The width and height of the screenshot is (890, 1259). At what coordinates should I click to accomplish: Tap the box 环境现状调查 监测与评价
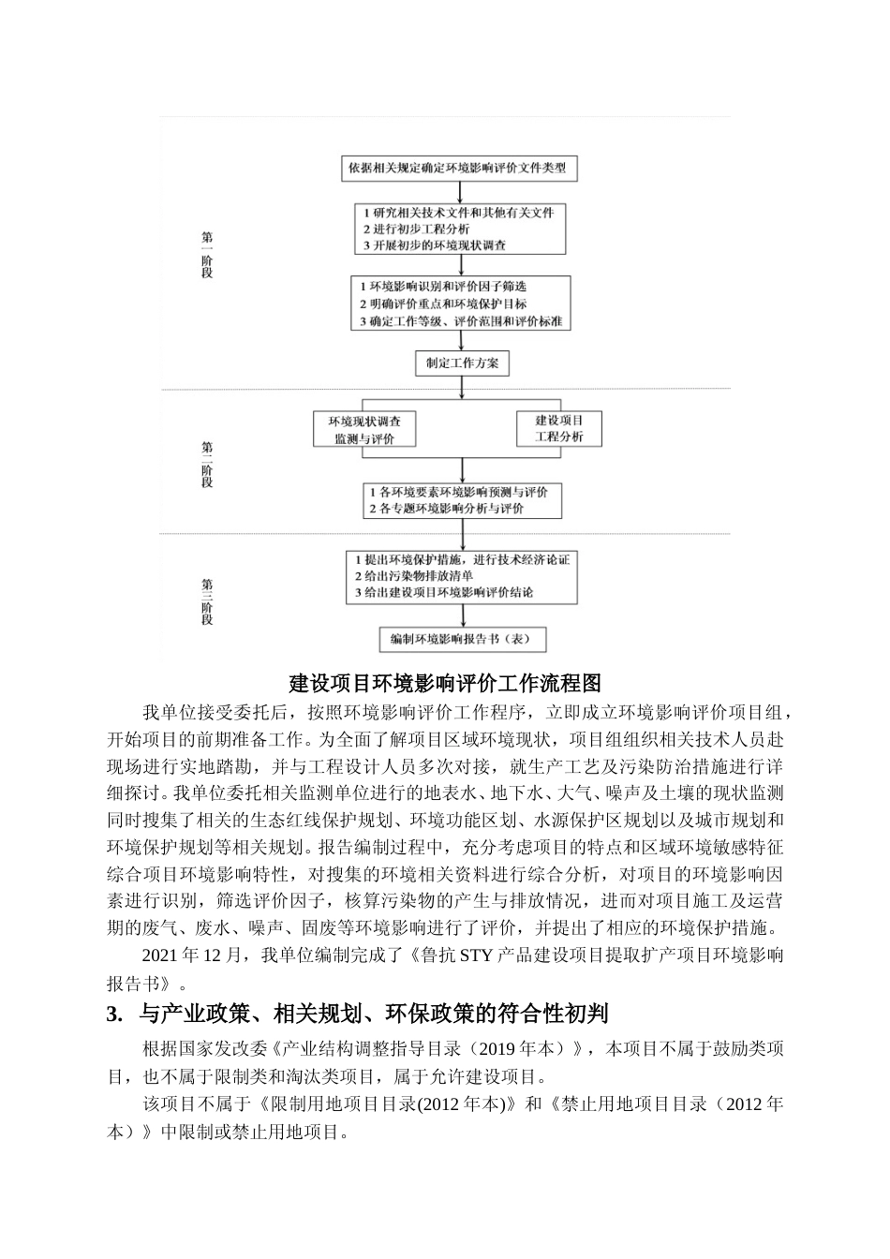364,430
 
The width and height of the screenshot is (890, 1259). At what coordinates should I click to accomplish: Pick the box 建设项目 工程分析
559,428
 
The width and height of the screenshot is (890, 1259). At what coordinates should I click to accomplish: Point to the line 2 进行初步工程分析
416,229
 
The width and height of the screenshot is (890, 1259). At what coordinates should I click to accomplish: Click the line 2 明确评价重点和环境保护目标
443,304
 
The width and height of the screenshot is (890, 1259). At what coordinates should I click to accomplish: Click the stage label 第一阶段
207,255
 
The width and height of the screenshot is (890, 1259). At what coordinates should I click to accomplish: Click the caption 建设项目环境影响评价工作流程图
445,682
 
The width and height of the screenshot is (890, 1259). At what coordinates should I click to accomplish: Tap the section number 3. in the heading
115,1013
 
